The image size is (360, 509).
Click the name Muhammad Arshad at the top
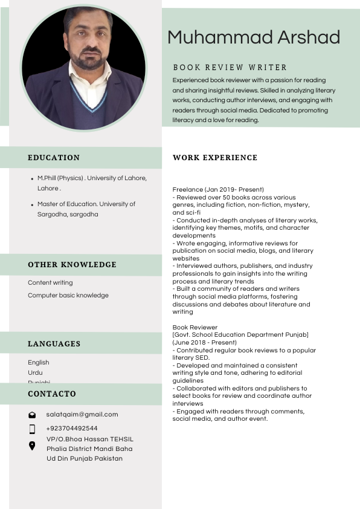tap(254, 37)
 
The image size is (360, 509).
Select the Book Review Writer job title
tap(230, 68)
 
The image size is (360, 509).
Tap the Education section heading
tap(54, 158)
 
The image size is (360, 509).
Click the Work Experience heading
tap(215, 158)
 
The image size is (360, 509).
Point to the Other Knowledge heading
tap(72, 265)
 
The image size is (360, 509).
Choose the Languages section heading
tap(54, 344)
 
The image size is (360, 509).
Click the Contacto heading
tap(52, 394)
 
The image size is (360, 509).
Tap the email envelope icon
tap(32, 415)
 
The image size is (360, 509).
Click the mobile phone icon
tap(32, 429)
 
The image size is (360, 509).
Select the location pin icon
tap(32, 446)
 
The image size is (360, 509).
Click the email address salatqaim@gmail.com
tap(82, 415)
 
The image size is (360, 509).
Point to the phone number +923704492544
tap(72, 429)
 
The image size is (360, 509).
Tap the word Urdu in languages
tap(35, 372)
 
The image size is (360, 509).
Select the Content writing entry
tap(50, 283)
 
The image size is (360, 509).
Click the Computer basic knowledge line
tap(68, 296)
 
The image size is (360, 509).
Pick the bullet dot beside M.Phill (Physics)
tap(31, 179)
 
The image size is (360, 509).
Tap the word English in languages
tap(39, 363)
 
